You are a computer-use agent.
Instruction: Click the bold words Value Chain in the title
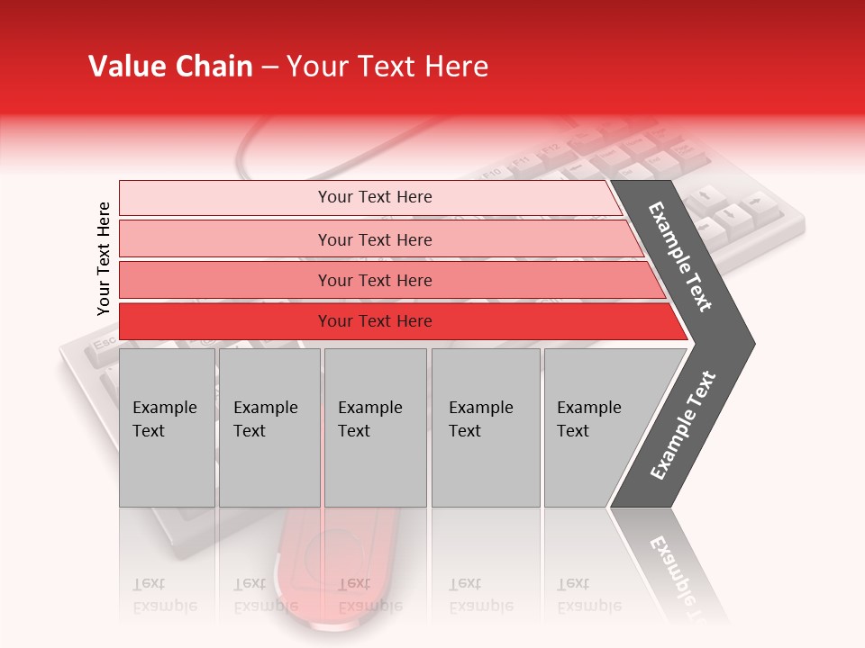(x=170, y=67)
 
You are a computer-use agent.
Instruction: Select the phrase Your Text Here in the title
(x=387, y=67)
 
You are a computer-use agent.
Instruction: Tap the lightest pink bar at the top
(x=374, y=197)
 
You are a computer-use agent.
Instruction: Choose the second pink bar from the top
(x=374, y=239)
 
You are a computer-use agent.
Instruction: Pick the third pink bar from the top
(x=374, y=280)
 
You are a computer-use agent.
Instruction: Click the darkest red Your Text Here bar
(x=374, y=321)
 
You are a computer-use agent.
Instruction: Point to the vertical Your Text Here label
(x=104, y=258)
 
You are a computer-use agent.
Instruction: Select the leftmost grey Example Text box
(x=167, y=427)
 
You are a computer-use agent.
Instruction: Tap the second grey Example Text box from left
(x=269, y=427)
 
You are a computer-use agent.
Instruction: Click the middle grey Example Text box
(x=375, y=427)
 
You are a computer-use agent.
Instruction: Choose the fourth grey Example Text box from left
(x=485, y=427)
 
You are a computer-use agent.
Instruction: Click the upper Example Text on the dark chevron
(x=681, y=256)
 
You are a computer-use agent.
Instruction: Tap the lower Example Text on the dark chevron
(x=683, y=425)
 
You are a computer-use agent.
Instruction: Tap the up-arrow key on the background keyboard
(x=706, y=193)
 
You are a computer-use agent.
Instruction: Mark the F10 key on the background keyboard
(x=492, y=173)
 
